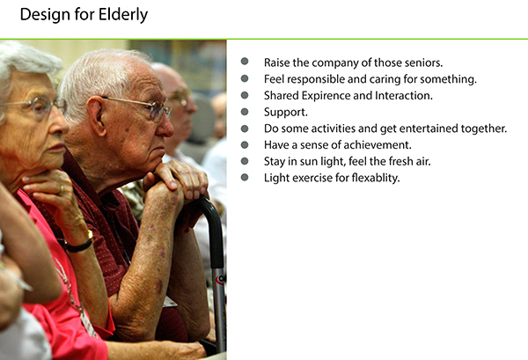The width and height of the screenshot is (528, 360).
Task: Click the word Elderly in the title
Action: point(120,15)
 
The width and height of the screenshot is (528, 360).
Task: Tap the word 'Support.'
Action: point(286,112)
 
